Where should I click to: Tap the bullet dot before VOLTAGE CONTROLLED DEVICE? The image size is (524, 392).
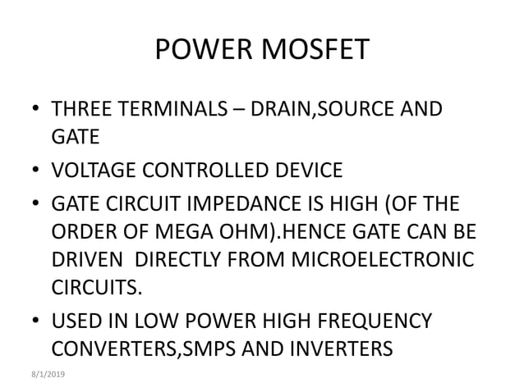tap(36, 171)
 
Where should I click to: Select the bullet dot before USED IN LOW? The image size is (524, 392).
tap(36, 321)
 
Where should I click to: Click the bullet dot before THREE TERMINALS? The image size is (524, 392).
tap(36, 110)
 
